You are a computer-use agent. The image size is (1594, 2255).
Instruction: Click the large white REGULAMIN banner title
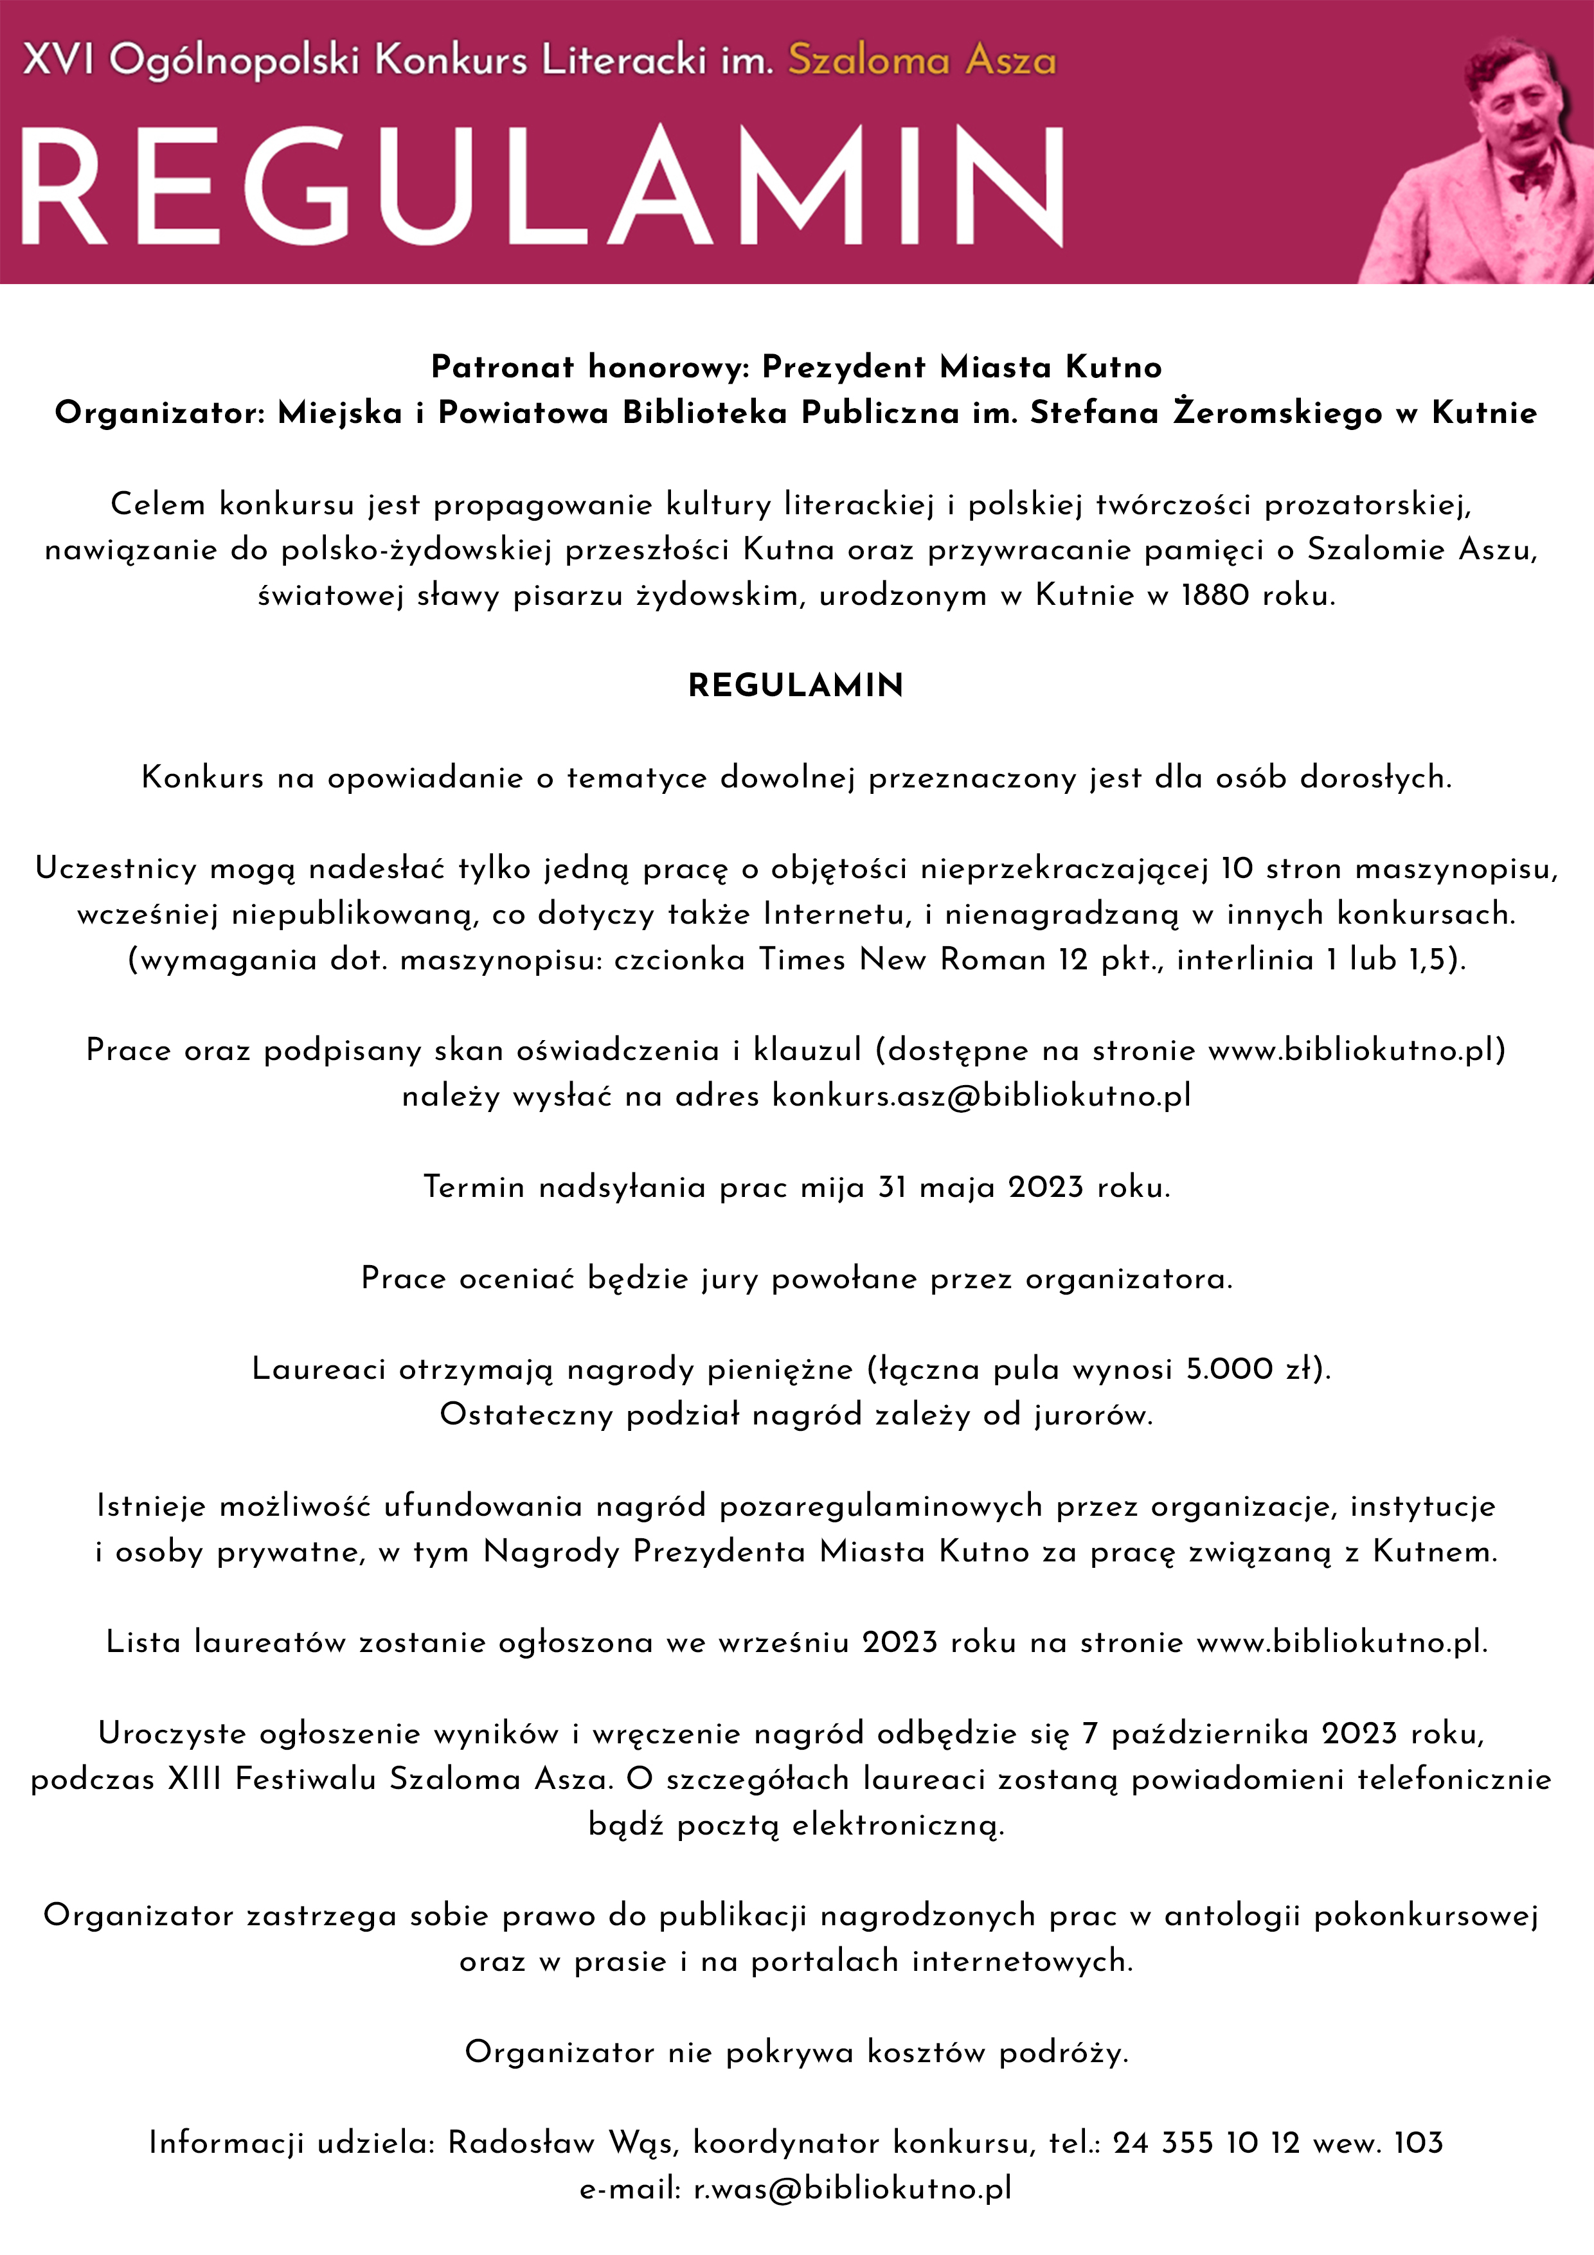[x=540, y=186]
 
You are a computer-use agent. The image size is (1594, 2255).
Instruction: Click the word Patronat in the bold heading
[x=503, y=366]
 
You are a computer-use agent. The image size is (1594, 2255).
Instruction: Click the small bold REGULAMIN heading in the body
[x=796, y=685]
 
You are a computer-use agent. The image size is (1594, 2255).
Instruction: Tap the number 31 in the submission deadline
[x=891, y=1187]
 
